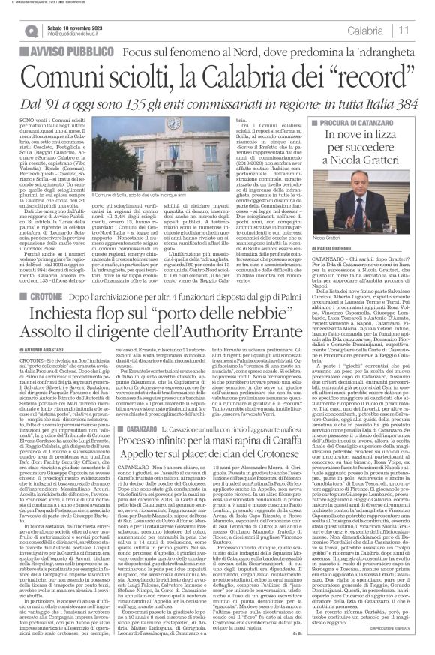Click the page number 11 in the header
(422, 29)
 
